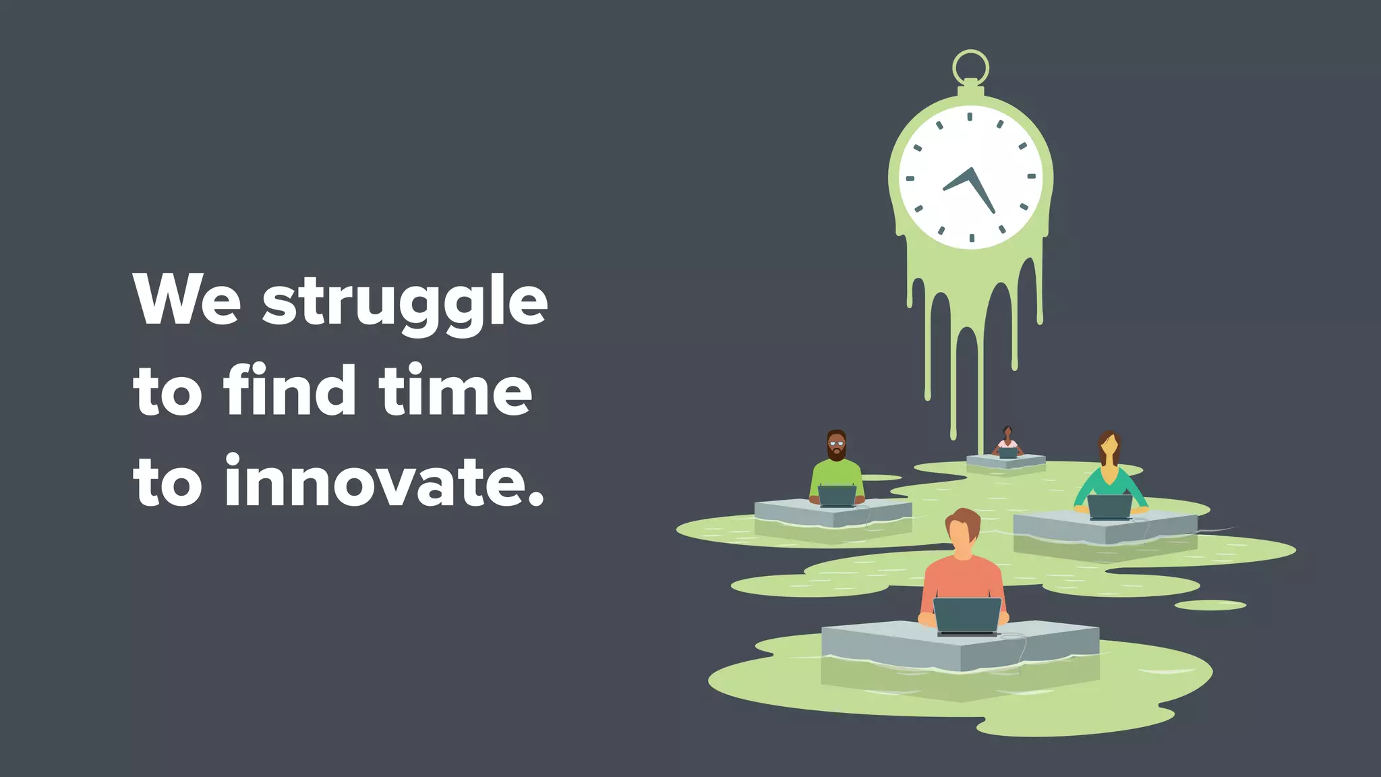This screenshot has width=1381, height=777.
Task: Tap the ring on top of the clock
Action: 970,67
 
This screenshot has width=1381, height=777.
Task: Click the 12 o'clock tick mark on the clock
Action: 970,117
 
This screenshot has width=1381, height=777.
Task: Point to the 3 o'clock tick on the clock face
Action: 1031,177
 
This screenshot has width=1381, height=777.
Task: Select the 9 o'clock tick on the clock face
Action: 910,179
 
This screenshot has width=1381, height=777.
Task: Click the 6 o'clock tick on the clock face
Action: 972,238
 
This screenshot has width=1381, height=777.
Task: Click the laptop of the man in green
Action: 837,496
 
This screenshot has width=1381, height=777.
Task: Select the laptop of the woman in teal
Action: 1109,507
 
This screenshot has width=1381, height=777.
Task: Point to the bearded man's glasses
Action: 836,444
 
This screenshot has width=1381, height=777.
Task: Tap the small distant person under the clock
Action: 1007,442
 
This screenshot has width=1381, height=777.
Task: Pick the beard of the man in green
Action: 836,455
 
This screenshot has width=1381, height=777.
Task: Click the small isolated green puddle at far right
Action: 1210,605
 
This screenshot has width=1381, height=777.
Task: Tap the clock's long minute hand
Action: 982,191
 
